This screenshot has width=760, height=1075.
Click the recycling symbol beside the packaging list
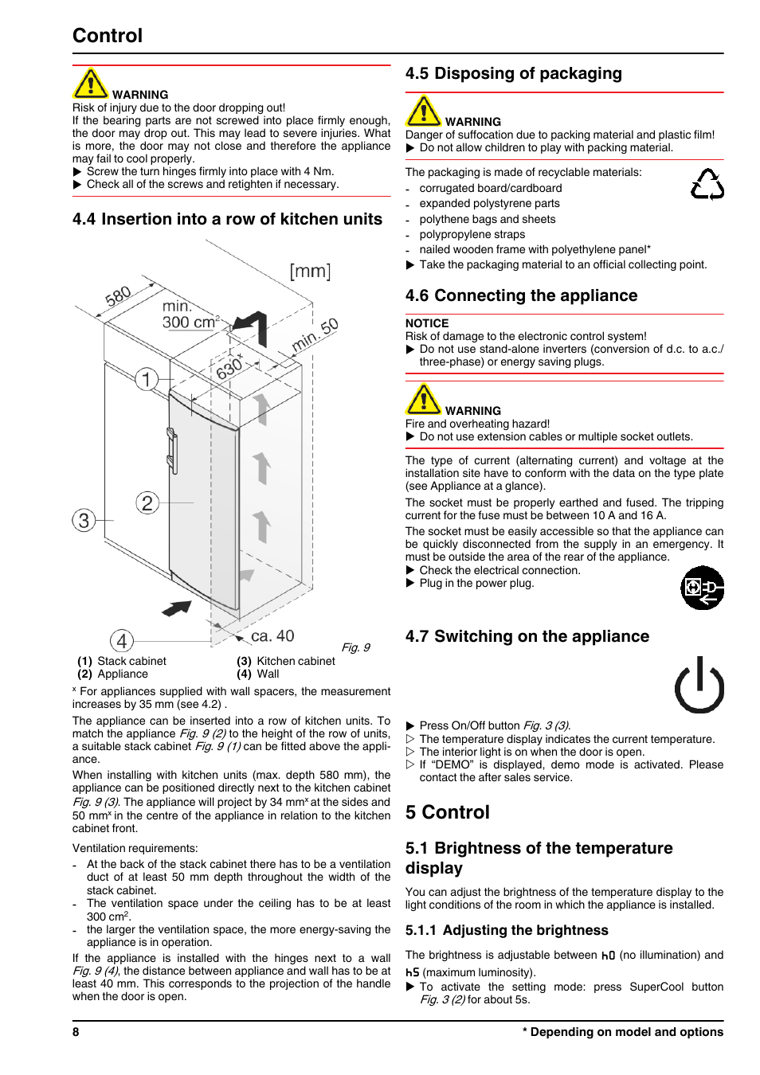click(707, 184)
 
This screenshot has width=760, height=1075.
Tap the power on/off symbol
click(699, 685)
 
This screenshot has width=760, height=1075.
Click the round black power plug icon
click(702, 588)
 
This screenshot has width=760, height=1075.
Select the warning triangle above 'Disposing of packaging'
click(423, 111)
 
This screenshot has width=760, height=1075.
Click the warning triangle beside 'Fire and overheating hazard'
click(423, 400)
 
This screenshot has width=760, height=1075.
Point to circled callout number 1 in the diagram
click(146, 379)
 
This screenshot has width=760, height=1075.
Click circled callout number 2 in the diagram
click(147, 502)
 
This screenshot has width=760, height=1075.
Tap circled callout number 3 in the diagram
click(84, 521)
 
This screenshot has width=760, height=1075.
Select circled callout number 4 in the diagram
click(122, 641)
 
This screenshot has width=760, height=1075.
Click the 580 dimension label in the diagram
click(118, 297)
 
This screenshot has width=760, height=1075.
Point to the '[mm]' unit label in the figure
click(310, 272)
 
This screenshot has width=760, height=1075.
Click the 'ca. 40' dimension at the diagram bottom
click(272, 636)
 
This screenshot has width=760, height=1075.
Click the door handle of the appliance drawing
click(171, 451)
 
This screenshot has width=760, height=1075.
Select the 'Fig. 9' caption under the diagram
click(355, 647)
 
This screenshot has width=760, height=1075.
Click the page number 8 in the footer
click(76, 1032)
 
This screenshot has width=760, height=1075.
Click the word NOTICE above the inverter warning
click(427, 323)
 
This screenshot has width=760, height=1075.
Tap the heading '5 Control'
click(447, 812)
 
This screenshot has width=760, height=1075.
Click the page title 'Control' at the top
click(108, 36)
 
